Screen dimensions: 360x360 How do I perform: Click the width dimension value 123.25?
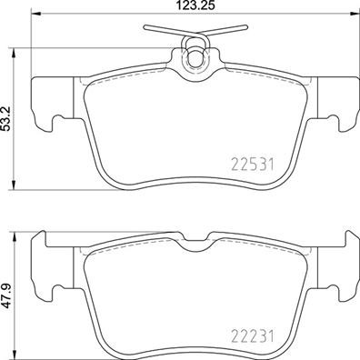tap(194, 8)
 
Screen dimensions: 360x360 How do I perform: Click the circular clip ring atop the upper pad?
tap(194, 58)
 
